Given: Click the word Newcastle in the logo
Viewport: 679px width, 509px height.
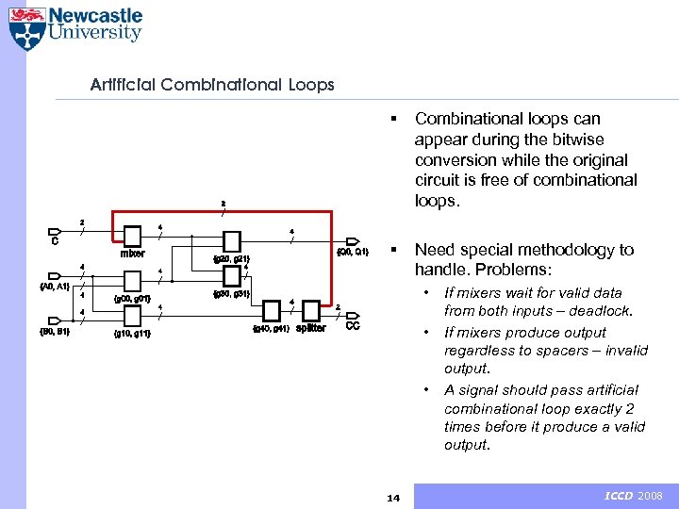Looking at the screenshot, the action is tap(95, 15).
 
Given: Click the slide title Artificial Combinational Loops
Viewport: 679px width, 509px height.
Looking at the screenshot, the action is tap(212, 85).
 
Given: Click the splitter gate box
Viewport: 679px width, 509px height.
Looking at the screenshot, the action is tap(310, 311).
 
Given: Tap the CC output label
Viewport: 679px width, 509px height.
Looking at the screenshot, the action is tap(353, 326).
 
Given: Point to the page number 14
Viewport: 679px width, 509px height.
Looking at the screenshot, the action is tap(394, 497).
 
